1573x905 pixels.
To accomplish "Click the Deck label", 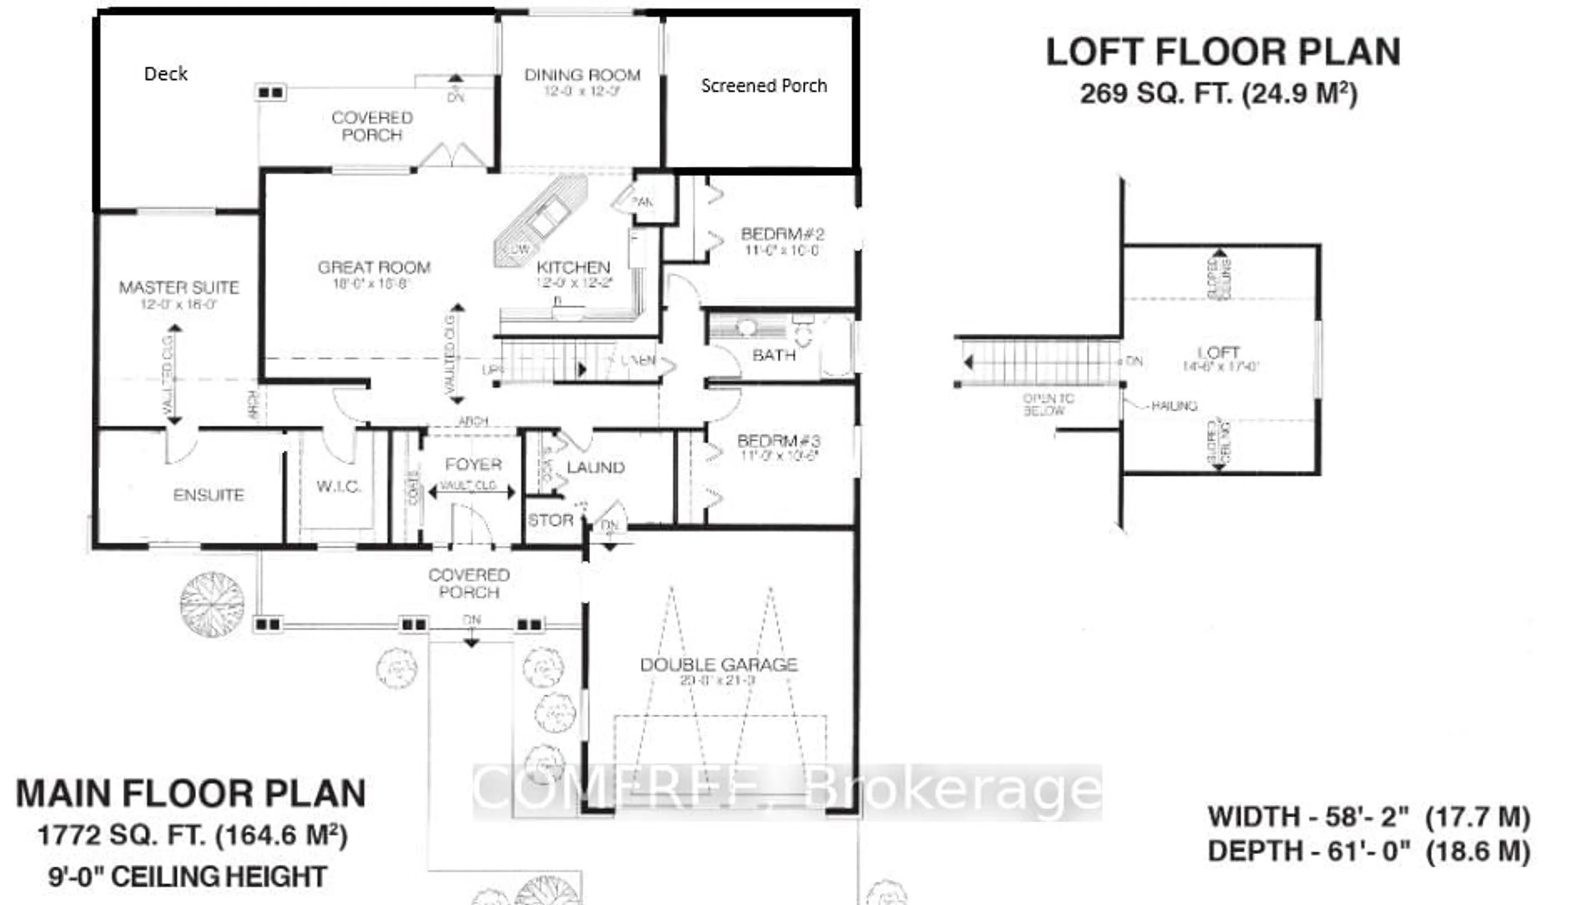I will (x=165, y=74).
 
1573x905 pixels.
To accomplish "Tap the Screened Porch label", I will (x=764, y=86).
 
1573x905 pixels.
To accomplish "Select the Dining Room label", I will (x=583, y=75).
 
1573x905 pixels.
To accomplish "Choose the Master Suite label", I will (x=179, y=287).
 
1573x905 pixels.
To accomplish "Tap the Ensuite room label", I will (x=208, y=495).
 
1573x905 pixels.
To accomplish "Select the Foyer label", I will (x=473, y=464).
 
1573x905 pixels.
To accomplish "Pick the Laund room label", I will (x=595, y=467).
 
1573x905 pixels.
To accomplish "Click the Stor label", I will (x=550, y=520).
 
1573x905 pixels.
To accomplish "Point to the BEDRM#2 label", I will (x=782, y=234).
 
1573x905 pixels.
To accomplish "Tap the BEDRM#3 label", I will (x=779, y=441).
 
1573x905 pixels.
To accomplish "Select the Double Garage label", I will (x=719, y=665).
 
